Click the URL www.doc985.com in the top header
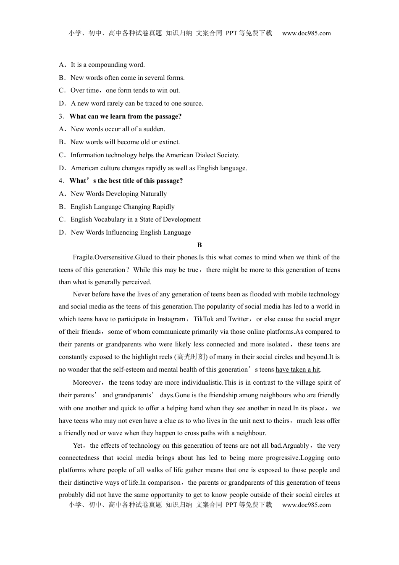click(306, 33)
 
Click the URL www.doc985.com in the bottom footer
click(306, 505)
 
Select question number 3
click(61, 116)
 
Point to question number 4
click(61, 181)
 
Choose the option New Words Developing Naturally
click(119, 194)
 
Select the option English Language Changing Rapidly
click(122, 207)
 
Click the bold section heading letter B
click(199, 245)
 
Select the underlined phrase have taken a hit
click(298, 370)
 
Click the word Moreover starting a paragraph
click(87, 383)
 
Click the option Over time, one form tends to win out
click(125, 90)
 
